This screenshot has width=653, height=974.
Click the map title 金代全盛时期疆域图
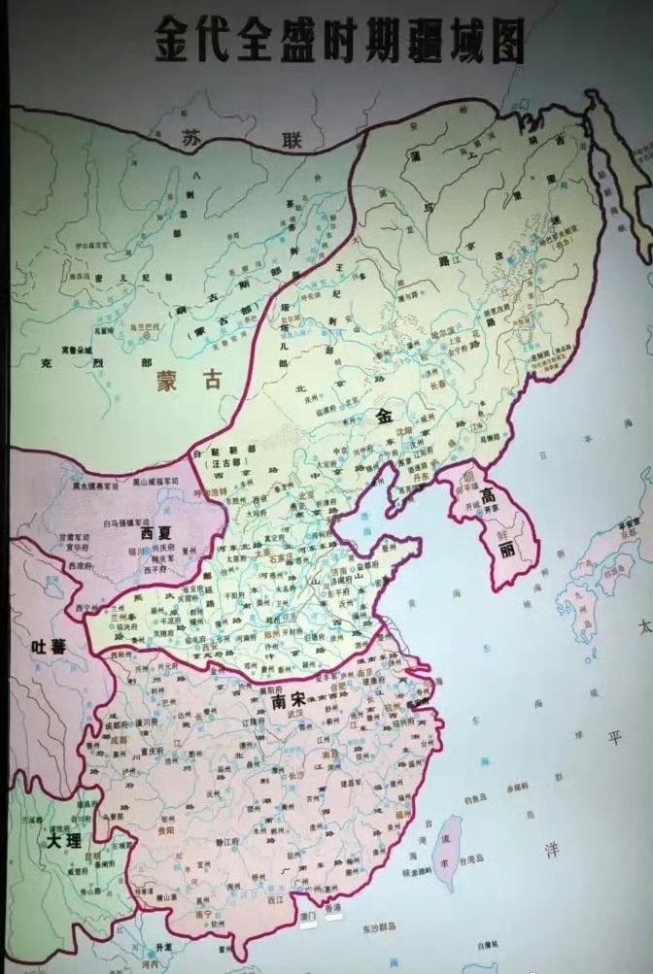pyautogui.click(x=339, y=42)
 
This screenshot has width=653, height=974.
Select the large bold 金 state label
pyautogui.click(x=382, y=417)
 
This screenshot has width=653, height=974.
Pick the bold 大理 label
pyautogui.click(x=55, y=841)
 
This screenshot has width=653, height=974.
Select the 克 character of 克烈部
pyautogui.click(x=47, y=365)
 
